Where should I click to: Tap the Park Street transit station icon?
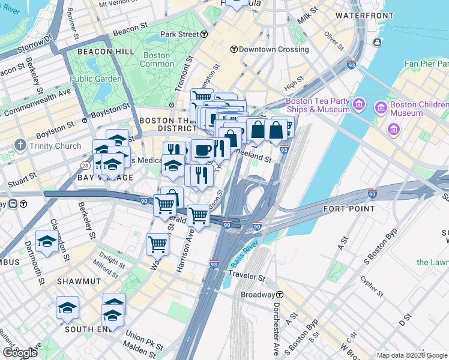(x=204, y=34)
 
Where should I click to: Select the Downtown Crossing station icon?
(x=234, y=49)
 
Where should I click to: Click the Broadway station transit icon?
(x=280, y=295)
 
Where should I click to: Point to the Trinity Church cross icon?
(x=20, y=145)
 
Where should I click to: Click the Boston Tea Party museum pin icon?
(x=359, y=105)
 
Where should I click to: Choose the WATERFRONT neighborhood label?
(x=359, y=15)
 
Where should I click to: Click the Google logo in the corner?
(x=20, y=353)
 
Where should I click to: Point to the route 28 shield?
(x=85, y=164)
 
